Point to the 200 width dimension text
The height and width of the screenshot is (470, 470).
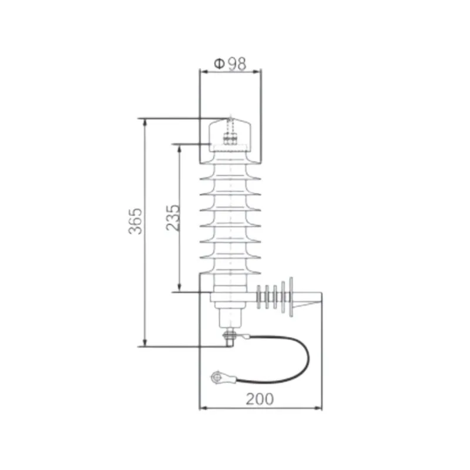coord(259,399)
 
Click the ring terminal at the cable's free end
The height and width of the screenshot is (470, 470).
coord(219,377)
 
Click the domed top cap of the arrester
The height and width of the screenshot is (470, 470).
coord(231,132)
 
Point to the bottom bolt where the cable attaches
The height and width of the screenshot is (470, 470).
coord(229,337)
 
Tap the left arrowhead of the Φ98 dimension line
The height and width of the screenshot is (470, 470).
coord(203,71)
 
